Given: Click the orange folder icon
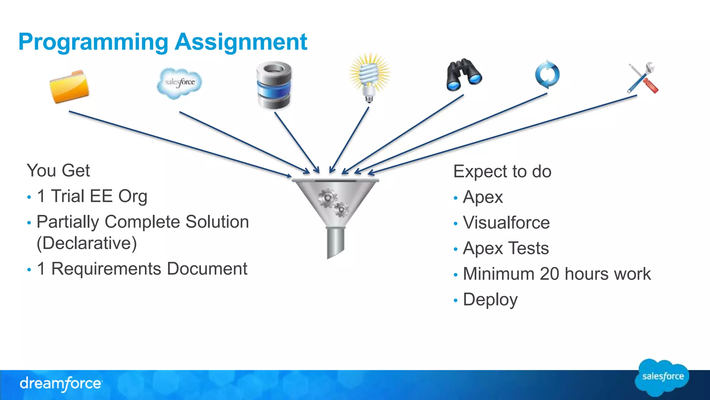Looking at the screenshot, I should pyautogui.click(x=69, y=87).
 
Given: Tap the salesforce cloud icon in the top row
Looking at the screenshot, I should pyautogui.click(x=179, y=83).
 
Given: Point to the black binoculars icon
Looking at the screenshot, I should pyautogui.click(x=464, y=75).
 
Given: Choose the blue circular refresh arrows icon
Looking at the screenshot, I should pyautogui.click(x=547, y=74).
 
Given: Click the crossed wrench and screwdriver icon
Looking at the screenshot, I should pyautogui.click(x=643, y=78).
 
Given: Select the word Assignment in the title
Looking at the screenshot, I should pyautogui.click(x=241, y=42).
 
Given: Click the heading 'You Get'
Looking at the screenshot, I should pyautogui.click(x=58, y=170).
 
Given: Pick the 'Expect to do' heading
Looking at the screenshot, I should pyautogui.click(x=502, y=172).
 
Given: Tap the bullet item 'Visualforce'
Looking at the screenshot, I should pyautogui.click(x=506, y=223).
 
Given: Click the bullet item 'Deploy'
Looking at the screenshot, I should pyautogui.click(x=490, y=300).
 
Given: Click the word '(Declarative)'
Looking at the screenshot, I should pyautogui.click(x=87, y=243).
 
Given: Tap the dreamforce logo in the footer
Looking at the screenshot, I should pyautogui.click(x=61, y=384).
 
